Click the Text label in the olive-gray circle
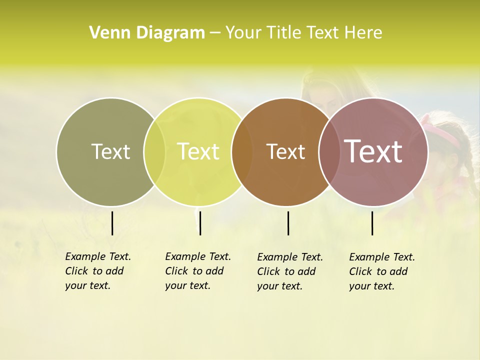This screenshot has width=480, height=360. pyautogui.click(x=110, y=151)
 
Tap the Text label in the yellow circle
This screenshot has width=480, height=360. pyautogui.click(x=198, y=151)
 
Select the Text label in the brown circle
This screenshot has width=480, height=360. pyautogui.click(x=285, y=151)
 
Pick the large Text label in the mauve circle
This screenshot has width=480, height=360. pyautogui.click(x=373, y=151)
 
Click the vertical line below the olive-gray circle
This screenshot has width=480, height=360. pyautogui.click(x=112, y=223)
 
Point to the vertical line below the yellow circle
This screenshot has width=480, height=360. pyautogui.click(x=200, y=223)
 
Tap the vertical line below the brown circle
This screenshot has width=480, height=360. pyautogui.click(x=288, y=223)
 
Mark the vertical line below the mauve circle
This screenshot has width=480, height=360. pyautogui.click(x=372, y=223)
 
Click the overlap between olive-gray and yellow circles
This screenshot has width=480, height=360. pyautogui.click(x=154, y=152)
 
